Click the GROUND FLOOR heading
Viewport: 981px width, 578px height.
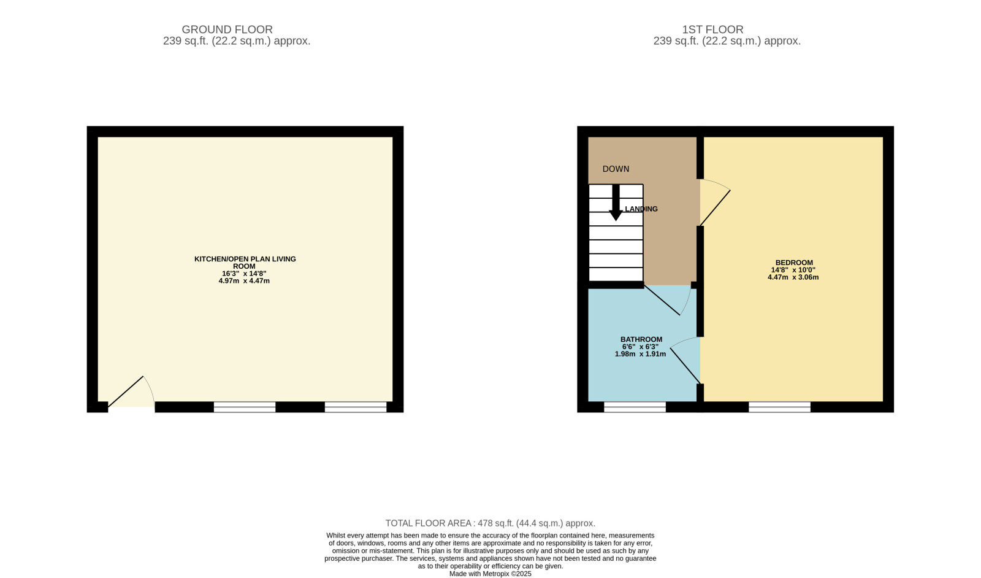227,29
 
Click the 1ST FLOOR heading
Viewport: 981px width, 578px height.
712,29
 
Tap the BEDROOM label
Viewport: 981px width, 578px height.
794,263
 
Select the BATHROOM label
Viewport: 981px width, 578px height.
641,339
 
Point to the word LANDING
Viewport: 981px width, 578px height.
641,209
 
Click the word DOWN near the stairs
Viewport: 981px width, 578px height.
616,169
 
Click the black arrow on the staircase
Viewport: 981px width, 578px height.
616,202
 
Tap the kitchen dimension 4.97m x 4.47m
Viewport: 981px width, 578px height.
244,280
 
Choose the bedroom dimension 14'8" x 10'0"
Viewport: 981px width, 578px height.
793,270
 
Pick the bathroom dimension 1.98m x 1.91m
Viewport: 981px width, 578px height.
640,353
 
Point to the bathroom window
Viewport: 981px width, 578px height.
635,407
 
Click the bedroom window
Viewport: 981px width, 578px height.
779,407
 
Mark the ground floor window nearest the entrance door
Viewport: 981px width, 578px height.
245,407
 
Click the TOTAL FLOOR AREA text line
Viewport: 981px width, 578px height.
490,523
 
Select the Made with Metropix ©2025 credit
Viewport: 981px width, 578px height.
490,574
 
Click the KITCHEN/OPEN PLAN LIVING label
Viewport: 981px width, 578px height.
245,259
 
